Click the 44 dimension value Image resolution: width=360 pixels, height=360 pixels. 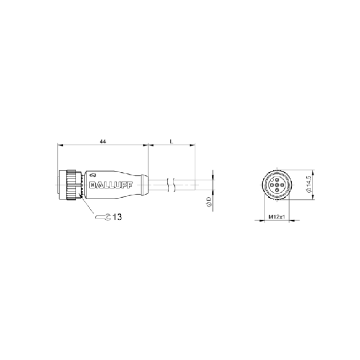[x=103, y=141]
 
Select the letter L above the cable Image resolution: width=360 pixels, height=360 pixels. [x=172, y=141]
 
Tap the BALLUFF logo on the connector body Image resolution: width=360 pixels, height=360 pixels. [x=111, y=185]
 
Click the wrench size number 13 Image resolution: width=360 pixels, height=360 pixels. [x=117, y=217]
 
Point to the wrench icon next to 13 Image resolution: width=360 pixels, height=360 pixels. [x=103, y=217]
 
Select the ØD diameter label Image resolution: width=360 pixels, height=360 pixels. [x=209, y=202]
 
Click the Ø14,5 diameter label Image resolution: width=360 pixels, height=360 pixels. [x=309, y=184]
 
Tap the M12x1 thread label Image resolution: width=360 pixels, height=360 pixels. [x=277, y=217]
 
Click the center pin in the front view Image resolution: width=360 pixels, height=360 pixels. [x=277, y=185]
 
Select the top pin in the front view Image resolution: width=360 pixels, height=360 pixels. [x=277, y=180]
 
